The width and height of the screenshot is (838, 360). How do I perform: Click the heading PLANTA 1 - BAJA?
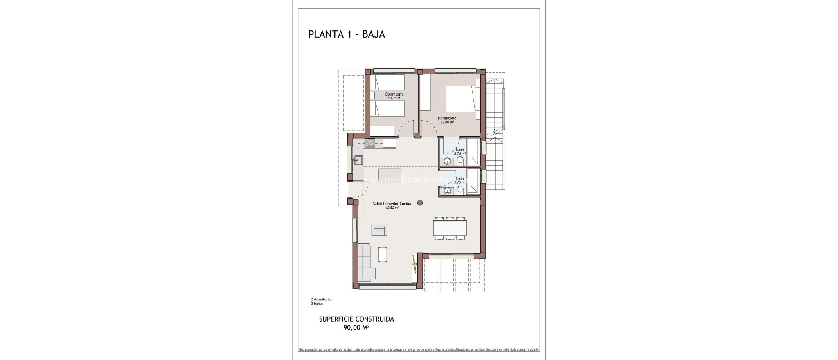coord(346,34)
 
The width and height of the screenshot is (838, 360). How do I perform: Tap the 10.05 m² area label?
coord(394,98)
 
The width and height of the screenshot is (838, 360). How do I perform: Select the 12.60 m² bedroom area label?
coord(447,122)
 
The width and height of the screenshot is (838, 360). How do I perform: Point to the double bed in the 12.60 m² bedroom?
coord(462,104)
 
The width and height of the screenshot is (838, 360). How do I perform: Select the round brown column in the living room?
coord(420,202)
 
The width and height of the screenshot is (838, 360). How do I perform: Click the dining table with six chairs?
coord(450,228)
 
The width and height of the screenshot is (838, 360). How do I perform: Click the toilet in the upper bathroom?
coord(460,160)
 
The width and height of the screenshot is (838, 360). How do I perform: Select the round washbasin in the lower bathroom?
coord(447,190)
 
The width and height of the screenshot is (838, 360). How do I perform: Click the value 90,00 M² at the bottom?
coord(356,327)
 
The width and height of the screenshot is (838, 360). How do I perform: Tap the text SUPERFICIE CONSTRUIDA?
coord(356,319)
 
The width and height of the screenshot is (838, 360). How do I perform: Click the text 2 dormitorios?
coord(321,299)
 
